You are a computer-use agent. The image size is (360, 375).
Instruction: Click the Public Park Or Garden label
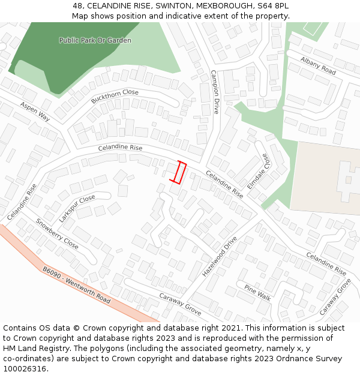[95, 40]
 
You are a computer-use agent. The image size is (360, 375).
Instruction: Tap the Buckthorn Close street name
[115, 96]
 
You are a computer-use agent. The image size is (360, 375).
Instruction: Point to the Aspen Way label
[35, 112]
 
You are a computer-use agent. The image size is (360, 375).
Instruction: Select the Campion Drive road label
[215, 92]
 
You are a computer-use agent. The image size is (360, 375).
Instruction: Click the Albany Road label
[318, 67]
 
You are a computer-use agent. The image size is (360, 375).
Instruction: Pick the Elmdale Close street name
[259, 171]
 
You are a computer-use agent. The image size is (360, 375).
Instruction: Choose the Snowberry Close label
[57, 233]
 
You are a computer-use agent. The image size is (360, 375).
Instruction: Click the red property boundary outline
[178, 172]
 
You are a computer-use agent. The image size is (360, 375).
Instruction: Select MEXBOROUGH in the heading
[223, 6]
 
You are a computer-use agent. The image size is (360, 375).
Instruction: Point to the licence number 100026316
[25, 368]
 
